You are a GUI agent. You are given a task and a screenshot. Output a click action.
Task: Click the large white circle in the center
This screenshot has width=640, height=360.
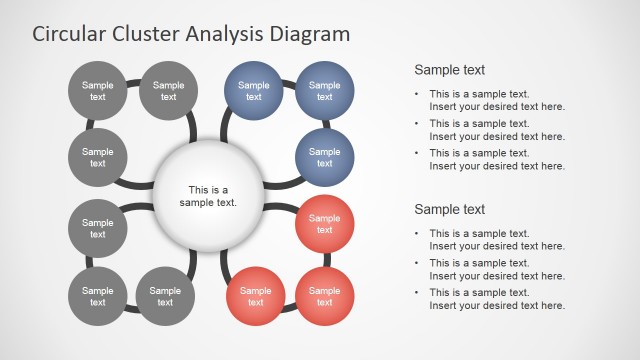[209, 195]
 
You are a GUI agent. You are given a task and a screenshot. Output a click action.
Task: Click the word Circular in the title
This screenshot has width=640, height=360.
[70, 33]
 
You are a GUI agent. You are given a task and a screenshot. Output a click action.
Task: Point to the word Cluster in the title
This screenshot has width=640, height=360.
[146, 33]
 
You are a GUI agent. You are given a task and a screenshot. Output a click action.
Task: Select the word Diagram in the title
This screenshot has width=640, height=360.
[311, 33]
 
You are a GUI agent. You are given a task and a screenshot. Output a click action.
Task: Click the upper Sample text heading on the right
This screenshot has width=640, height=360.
[449, 70]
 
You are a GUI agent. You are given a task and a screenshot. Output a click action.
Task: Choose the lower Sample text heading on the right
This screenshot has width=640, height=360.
[449, 209]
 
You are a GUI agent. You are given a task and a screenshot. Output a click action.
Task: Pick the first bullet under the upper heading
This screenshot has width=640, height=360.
[490, 100]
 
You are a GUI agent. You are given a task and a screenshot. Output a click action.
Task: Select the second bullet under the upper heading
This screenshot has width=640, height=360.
[490, 129]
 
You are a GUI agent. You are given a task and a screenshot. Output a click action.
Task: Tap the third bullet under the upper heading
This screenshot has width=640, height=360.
[490, 159]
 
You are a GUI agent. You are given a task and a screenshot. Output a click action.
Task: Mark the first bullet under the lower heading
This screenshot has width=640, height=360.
[490, 239]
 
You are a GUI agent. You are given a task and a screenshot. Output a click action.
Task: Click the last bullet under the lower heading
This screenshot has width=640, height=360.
[490, 298]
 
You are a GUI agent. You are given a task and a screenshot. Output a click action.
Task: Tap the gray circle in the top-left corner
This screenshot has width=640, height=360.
[98, 91]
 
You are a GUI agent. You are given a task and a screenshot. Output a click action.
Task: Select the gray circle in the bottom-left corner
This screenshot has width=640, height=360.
[98, 296]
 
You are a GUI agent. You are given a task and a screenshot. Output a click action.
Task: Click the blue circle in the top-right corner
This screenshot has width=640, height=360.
[325, 91]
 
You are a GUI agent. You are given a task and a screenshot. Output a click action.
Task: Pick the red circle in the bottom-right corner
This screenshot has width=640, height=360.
[325, 296]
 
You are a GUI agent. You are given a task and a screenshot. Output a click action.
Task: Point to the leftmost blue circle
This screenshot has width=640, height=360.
[254, 91]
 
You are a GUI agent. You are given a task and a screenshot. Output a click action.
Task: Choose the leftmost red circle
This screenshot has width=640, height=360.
[255, 296]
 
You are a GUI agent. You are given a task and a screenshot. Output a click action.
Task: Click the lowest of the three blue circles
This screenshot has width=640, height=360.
[325, 157]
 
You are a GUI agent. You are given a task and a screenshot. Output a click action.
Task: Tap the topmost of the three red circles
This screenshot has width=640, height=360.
[325, 224]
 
